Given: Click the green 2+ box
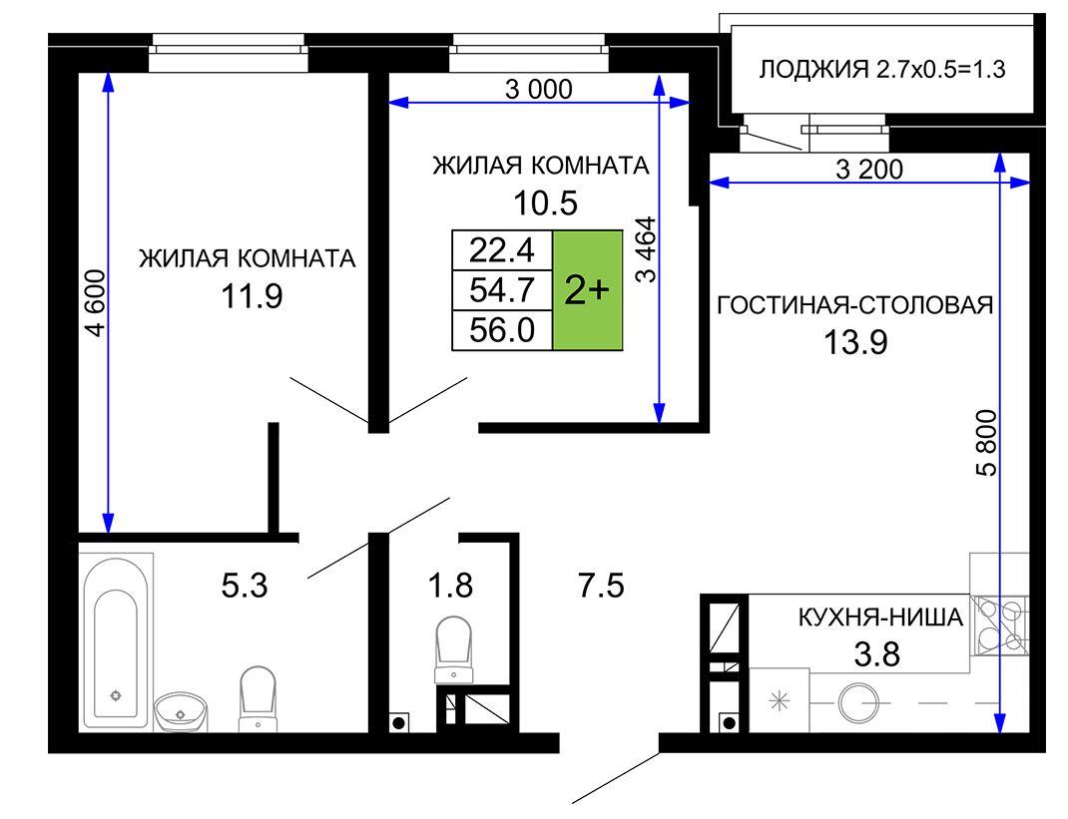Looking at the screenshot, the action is [x=587, y=290].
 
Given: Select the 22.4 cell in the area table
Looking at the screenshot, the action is [x=502, y=250].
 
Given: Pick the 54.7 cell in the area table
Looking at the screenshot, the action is [x=502, y=290].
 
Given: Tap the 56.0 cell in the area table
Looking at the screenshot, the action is [x=502, y=330].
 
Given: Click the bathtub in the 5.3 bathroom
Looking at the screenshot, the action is [x=117, y=641].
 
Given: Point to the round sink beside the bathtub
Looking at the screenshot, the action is [x=181, y=712].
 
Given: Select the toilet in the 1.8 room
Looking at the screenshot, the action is [x=453, y=648].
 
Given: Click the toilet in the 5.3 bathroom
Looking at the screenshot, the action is [x=258, y=698].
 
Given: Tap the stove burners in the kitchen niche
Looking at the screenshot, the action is [x=999, y=625].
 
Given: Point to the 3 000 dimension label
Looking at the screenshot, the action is [x=539, y=89].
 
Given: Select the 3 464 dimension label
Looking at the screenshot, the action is [x=646, y=249].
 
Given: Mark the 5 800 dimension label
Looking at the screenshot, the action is [x=986, y=443].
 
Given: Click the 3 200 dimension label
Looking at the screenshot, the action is [x=869, y=169].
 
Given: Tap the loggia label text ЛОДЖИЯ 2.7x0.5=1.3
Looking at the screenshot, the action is [x=882, y=70].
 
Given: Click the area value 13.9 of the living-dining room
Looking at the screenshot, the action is [x=855, y=342].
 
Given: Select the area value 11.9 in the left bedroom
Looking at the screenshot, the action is [x=252, y=296].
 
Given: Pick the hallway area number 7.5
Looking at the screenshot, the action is [x=602, y=586].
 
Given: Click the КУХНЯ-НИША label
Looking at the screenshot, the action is [x=880, y=617].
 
